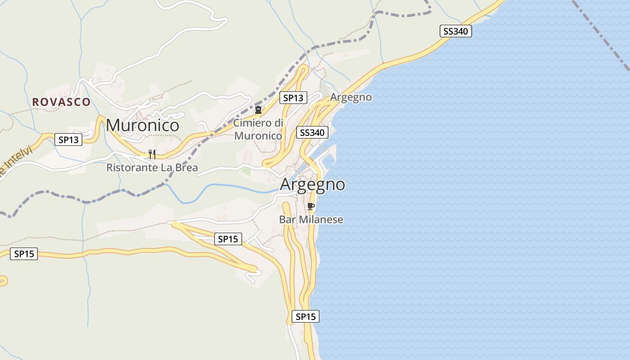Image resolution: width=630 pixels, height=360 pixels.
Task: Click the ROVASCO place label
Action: pos(61,102)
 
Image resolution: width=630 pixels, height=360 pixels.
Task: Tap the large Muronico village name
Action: pos(143,125)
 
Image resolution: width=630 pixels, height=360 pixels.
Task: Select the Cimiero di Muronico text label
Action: pos(258,129)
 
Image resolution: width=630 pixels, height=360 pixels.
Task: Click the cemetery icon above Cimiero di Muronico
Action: pos(258,109)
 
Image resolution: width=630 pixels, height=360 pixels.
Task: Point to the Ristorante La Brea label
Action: pos(152,168)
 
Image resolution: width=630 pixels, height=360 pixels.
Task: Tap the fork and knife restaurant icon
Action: pos(152,154)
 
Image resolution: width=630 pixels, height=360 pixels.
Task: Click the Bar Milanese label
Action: pos(311,220)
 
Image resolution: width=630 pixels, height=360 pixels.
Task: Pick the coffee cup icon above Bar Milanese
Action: pos(310,206)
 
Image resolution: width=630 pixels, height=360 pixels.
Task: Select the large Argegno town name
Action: pos(313,184)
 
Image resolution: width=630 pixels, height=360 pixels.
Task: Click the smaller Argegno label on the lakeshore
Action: pos(351,97)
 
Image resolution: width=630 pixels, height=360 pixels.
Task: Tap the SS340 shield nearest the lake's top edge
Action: pos(455,31)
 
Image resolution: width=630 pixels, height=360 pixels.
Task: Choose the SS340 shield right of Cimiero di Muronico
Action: pos(312,132)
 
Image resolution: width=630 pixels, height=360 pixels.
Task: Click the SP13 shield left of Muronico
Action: pos(69,139)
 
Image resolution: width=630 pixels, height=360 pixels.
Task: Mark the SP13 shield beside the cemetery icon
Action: pos(293,98)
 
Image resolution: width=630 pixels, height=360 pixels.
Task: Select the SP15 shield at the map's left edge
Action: pos(24,254)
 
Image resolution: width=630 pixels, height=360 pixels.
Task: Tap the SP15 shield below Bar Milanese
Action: pos(306,316)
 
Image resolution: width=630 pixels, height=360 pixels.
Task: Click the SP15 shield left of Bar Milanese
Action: pos(228,239)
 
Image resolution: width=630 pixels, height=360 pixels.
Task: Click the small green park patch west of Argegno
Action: pos(246,171)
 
